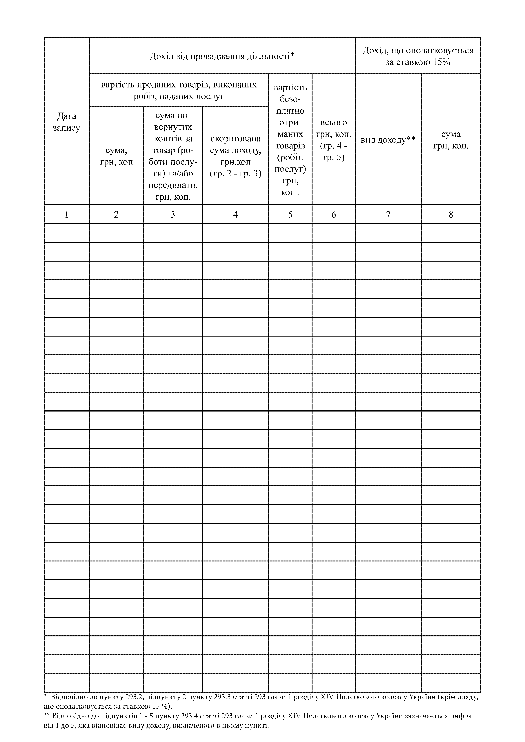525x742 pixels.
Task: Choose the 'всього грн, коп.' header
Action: coord(333,140)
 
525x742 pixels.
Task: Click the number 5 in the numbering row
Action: coord(290,214)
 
